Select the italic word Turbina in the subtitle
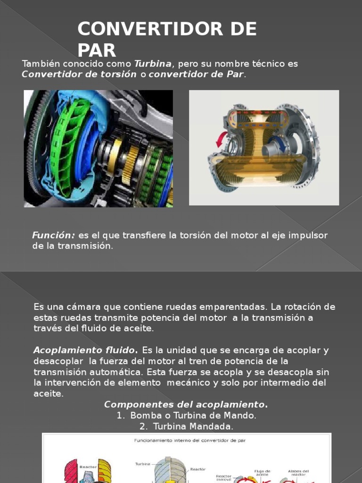pyautogui.click(x=154, y=64)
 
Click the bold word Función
pyautogui.click(x=53, y=235)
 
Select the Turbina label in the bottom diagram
pyautogui.click(x=143, y=464)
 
